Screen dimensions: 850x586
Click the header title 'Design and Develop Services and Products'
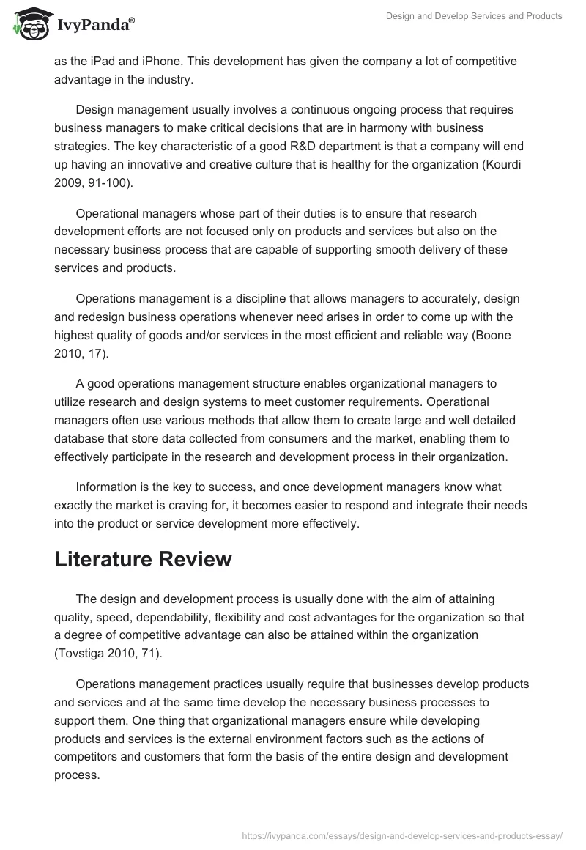[474, 16]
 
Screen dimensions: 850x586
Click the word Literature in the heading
[108, 559]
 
